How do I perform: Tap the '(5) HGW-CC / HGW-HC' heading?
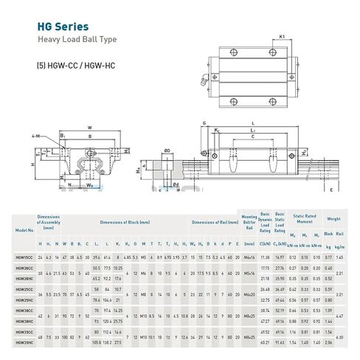click(76, 65)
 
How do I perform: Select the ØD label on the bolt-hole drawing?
click(168, 151)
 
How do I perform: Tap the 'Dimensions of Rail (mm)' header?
click(213, 222)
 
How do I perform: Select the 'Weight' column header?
click(333, 219)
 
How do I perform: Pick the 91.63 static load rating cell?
click(279, 343)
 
